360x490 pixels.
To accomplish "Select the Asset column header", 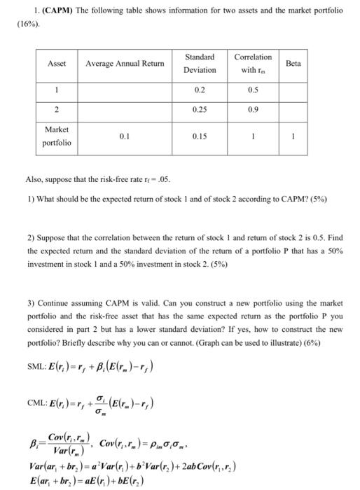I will coord(56,64).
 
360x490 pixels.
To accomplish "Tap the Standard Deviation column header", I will coord(200,63).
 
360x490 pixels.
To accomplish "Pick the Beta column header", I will coord(293,64).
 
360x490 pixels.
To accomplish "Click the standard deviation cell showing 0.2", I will coord(200,90).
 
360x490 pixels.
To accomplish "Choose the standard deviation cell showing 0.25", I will coord(200,109).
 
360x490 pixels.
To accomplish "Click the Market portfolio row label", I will coord(57,136).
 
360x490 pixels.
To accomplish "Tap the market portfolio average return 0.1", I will coord(125,136).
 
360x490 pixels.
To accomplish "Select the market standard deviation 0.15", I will coord(200,136).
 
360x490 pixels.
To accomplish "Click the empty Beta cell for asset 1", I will coord(293,90).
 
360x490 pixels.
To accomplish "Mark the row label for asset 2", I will coord(57,109).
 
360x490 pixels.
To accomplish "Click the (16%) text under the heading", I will coord(28,24).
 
